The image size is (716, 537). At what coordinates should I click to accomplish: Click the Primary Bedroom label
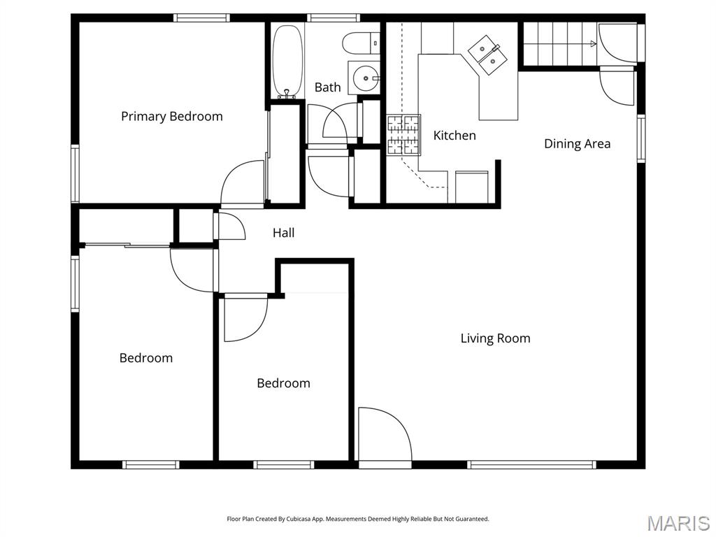[172, 116]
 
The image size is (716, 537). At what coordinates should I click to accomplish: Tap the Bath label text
[327, 87]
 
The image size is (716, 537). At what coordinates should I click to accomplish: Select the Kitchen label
[454, 136]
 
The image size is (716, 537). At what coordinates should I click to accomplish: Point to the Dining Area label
[577, 144]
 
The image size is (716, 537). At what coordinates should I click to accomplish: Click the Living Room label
[495, 338]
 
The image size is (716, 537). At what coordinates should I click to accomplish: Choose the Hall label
[283, 233]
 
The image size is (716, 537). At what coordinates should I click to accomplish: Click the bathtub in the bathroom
[285, 61]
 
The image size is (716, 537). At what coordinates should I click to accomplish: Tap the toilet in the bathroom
[360, 43]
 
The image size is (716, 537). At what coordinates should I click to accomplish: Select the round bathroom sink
[363, 76]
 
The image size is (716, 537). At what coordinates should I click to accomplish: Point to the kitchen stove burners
[404, 134]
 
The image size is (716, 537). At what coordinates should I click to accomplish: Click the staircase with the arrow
[559, 43]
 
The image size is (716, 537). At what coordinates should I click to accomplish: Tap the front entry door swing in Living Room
[382, 434]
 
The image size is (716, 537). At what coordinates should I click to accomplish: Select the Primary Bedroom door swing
[243, 183]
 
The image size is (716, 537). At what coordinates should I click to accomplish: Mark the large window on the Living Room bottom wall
[531, 464]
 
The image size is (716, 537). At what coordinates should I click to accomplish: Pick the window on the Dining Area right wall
[640, 138]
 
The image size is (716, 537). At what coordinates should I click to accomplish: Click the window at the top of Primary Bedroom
[201, 18]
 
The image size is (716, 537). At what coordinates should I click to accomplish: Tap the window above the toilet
[333, 18]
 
